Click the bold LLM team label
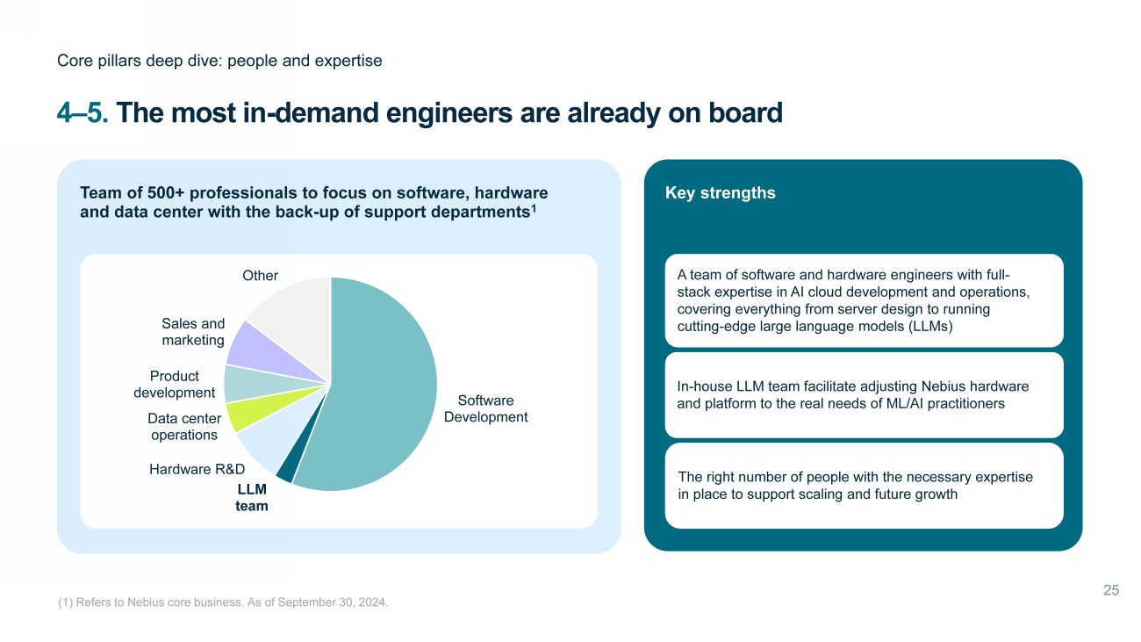(252, 497)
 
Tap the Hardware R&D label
(197, 469)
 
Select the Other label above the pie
(260, 276)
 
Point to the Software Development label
(485, 408)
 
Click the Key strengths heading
(721, 192)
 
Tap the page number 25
(1111, 590)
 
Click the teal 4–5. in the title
(83, 112)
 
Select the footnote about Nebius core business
(223, 602)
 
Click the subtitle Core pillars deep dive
(219, 61)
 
